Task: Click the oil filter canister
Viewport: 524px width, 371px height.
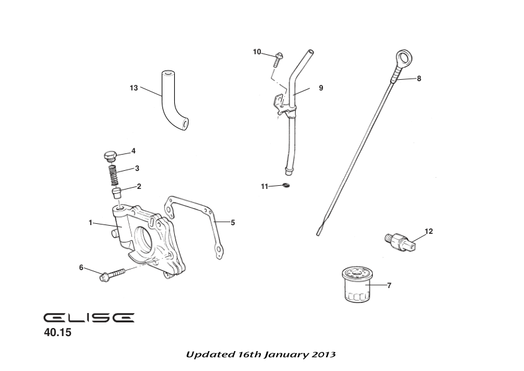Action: click(357, 287)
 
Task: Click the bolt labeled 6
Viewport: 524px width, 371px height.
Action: click(110, 274)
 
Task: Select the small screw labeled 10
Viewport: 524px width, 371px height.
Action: click(278, 59)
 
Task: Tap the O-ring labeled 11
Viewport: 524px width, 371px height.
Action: click(286, 186)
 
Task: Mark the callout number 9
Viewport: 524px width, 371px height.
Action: click(321, 88)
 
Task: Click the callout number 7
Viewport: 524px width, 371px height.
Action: click(389, 286)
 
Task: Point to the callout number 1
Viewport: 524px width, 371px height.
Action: click(90, 222)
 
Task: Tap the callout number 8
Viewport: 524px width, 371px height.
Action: click(419, 79)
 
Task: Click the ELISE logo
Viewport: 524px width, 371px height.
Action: click(88, 317)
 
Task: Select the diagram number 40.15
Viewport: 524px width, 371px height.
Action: click(58, 333)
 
